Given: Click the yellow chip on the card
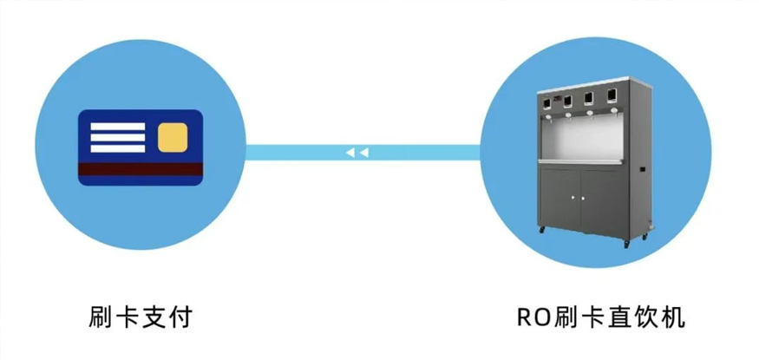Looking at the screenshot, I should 173,135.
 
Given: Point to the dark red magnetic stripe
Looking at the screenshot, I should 140,167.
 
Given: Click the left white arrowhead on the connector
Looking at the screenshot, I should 350,153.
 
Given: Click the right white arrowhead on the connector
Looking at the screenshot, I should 364,153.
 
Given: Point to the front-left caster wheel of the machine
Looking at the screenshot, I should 543,231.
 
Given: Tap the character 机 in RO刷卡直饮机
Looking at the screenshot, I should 673,316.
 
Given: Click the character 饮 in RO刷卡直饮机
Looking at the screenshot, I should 647,316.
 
